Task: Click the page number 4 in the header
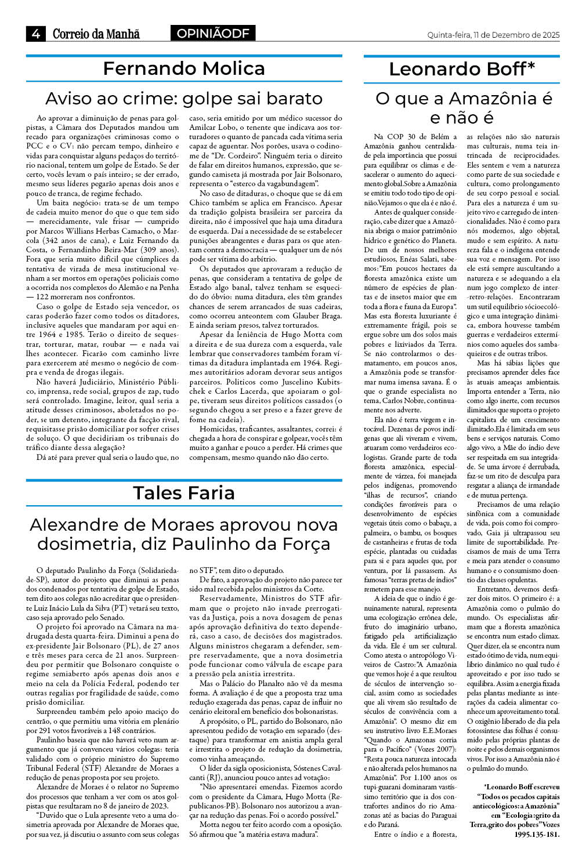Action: click(x=36, y=34)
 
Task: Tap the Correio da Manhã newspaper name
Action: click(x=96, y=34)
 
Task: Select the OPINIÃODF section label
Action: click(x=212, y=34)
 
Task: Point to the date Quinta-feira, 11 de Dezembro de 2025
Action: click(x=493, y=35)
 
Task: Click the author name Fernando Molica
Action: click(x=184, y=69)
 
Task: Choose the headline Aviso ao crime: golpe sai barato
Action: click(x=184, y=99)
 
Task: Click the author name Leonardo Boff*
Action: click(x=462, y=70)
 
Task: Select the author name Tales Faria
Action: click(x=184, y=493)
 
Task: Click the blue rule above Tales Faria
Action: click(x=184, y=480)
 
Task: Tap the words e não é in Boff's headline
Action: click(x=462, y=118)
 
